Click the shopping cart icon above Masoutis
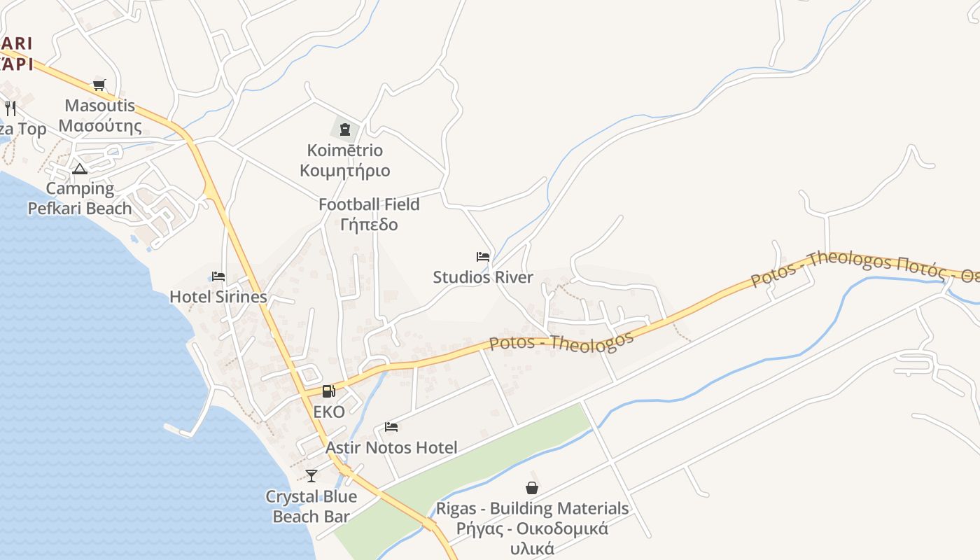pyautogui.click(x=99, y=85)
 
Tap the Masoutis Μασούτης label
pyautogui.click(x=100, y=116)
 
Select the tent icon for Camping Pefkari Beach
pyautogui.click(x=80, y=169)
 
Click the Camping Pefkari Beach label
pyautogui.click(x=80, y=198)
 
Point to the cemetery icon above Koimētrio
pyautogui.click(x=344, y=129)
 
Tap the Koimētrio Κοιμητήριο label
pyautogui.click(x=345, y=160)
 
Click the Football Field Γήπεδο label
pyautogui.click(x=369, y=214)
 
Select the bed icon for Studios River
pyautogui.click(x=483, y=257)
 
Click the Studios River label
pyautogui.click(x=483, y=277)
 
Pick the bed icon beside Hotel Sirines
pyautogui.click(x=218, y=276)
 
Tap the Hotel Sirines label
pyautogui.click(x=218, y=297)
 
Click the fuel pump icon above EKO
pyautogui.click(x=328, y=391)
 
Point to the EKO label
pyautogui.click(x=329, y=412)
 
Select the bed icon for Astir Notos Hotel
pyautogui.click(x=391, y=427)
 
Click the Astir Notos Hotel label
pyautogui.click(x=391, y=447)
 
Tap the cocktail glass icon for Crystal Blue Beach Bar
pyautogui.click(x=311, y=476)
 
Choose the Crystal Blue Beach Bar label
pyautogui.click(x=311, y=507)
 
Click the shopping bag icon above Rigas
pyautogui.click(x=532, y=488)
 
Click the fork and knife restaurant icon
pyautogui.click(x=10, y=108)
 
